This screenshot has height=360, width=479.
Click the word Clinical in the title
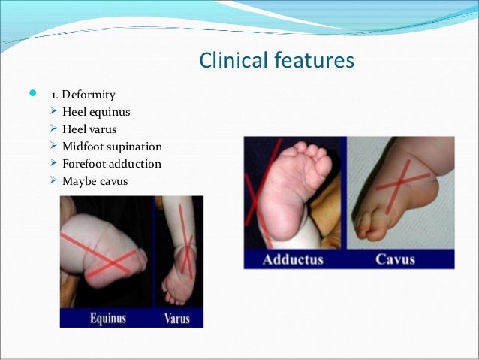(230, 60)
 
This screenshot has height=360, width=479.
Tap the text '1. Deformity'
(83, 95)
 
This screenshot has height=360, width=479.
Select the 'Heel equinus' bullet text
(96, 112)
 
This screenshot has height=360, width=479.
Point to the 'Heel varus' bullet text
(91, 129)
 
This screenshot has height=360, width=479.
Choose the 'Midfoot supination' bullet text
(112, 146)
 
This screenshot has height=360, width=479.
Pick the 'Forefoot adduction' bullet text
(112, 163)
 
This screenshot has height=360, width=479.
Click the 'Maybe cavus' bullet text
(94, 180)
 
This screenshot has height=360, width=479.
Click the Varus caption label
(176, 318)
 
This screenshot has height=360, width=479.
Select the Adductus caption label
(293, 259)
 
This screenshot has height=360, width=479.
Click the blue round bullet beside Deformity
(31, 95)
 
